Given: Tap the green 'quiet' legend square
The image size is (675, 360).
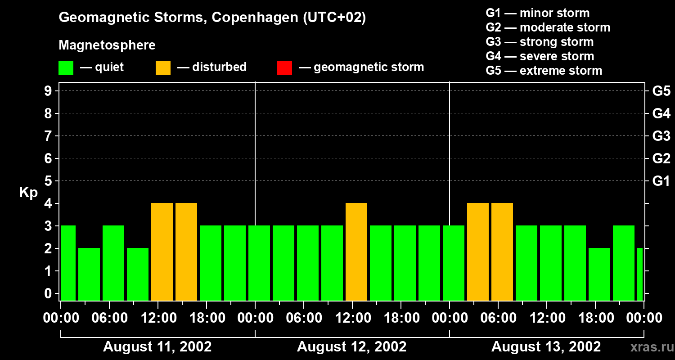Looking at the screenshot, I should click(66, 67).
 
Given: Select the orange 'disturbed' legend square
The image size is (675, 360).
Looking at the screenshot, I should click(163, 67).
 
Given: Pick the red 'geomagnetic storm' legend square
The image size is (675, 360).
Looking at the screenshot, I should click(284, 67).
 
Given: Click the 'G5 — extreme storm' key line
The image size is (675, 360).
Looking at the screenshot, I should click(544, 71).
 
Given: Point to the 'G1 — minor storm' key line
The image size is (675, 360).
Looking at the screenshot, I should click(537, 13).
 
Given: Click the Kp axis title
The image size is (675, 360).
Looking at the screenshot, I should click(28, 193).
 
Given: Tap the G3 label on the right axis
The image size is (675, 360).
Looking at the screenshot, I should click(661, 136).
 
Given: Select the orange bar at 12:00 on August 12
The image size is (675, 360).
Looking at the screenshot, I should click(356, 252).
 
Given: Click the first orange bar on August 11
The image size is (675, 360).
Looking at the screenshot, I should click(162, 252).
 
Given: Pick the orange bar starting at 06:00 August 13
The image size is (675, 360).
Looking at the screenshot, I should click(502, 252).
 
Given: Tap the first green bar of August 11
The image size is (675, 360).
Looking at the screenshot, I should click(68, 263).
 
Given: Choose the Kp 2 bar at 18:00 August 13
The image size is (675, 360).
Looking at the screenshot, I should click(599, 274).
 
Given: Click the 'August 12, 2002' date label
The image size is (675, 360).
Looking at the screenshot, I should click(351, 347).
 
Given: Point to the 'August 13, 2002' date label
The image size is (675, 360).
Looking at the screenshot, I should click(546, 347).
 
